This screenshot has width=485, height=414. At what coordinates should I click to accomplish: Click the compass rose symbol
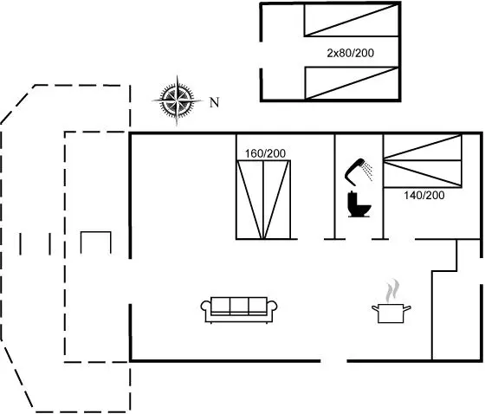pyautogui.click(x=177, y=100)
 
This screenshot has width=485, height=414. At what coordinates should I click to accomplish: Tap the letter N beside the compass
pyautogui.click(x=215, y=102)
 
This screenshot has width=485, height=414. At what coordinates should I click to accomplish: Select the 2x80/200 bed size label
pyautogui.click(x=351, y=53)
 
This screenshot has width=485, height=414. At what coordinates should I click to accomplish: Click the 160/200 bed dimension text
pyautogui.click(x=265, y=153)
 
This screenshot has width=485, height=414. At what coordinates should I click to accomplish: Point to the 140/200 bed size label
pyautogui.click(x=424, y=195)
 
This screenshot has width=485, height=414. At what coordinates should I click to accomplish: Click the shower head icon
pyautogui.click(x=359, y=171)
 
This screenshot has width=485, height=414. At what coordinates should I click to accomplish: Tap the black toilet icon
pyautogui.click(x=359, y=204)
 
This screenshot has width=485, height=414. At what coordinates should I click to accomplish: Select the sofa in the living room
pyautogui.click(x=239, y=310)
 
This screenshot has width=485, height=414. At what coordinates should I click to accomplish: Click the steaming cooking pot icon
pyautogui.click(x=391, y=314)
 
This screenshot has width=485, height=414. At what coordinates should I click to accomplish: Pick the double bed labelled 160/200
pyautogui.click(x=263, y=199)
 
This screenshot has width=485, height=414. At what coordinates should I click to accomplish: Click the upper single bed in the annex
pyautogui.click(x=352, y=20)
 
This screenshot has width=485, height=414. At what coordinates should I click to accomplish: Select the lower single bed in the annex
pyautogui.click(x=352, y=83)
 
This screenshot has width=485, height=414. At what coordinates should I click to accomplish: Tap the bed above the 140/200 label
pyautogui.click(x=423, y=161)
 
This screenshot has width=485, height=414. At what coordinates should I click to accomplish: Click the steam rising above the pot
pyautogui.click(x=391, y=290)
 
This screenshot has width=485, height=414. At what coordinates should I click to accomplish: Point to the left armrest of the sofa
pyautogui.click(x=206, y=307)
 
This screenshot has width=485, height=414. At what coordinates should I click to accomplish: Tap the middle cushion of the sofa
pyautogui.click(x=239, y=306)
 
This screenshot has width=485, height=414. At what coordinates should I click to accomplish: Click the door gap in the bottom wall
pyautogui.click(x=333, y=361)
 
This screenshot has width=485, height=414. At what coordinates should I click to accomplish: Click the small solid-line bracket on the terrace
pyautogui.click(x=96, y=243)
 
